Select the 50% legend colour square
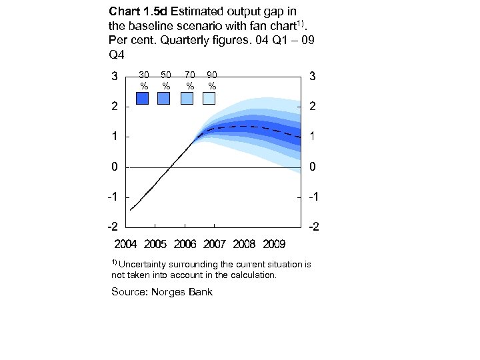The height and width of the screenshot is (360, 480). (x=164, y=98)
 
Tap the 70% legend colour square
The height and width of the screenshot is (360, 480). (x=187, y=98)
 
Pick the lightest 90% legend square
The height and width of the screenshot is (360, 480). (x=209, y=98)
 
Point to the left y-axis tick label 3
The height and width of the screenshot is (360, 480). (x=115, y=75)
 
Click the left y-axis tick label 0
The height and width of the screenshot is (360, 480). (x=115, y=167)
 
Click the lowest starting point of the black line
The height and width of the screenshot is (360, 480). (x=131, y=210)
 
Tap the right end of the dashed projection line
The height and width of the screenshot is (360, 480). (x=301, y=137)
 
